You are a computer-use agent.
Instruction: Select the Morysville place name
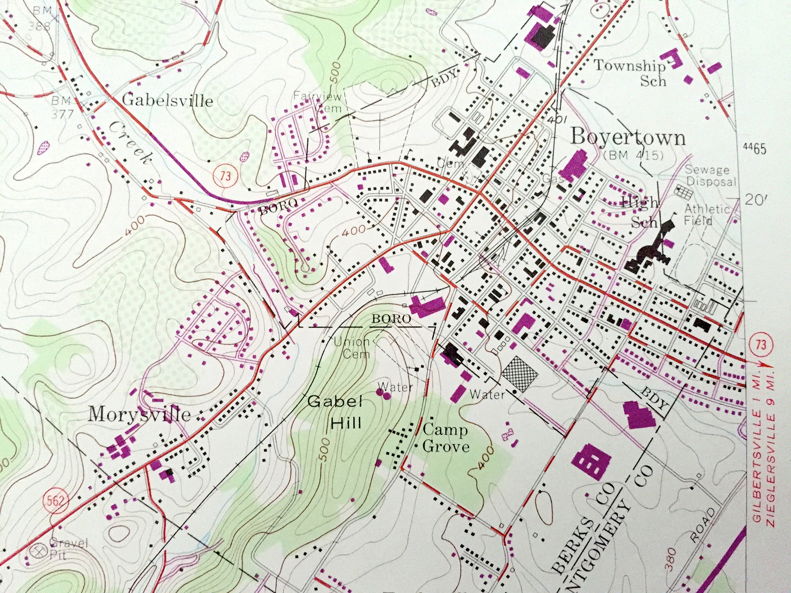pyautogui.click(x=139, y=415)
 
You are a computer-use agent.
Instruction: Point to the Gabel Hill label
pyautogui.click(x=335, y=412)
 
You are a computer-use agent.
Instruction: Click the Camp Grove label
pyautogui.click(x=445, y=438)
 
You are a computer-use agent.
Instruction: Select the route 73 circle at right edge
pyautogui.click(x=761, y=344)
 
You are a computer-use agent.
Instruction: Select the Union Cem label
pyautogui.click(x=351, y=347)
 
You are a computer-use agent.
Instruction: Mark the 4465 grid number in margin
pyautogui.click(x=754, y=149)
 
